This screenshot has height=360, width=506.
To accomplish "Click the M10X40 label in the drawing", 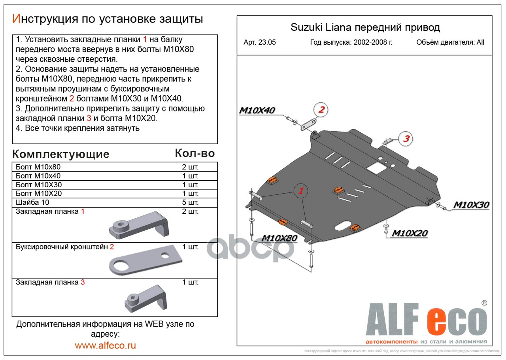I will click(x=257, y=111).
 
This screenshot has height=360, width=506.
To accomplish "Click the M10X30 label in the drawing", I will click(x=471, y=205).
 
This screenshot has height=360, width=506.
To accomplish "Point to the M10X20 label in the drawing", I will click(x=410, y=233).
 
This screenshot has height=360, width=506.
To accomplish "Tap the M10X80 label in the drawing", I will click(x=279, y=238).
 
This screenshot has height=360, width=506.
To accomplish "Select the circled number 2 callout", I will click(x=321, y=110).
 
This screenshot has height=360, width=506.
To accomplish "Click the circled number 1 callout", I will click(x=300, y=191).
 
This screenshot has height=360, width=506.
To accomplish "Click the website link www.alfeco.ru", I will click(x=105, y=345).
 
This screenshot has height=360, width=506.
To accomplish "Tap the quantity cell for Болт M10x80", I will click(x=190, y=167).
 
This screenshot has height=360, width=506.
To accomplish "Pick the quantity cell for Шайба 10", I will click(x=190, y=202).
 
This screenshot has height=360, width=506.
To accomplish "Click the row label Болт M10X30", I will click(x=39, y=185).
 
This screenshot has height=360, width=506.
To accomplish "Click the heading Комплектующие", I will click(x=60, y=154).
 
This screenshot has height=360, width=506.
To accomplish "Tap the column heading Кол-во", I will click(x=194, y=153).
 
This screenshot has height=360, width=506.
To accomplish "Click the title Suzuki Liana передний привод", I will click(x=365, y=27).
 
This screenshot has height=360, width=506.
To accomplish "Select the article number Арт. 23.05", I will click(x=260, y=43).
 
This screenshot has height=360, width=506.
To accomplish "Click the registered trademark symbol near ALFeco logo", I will click(x=484, y=303).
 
